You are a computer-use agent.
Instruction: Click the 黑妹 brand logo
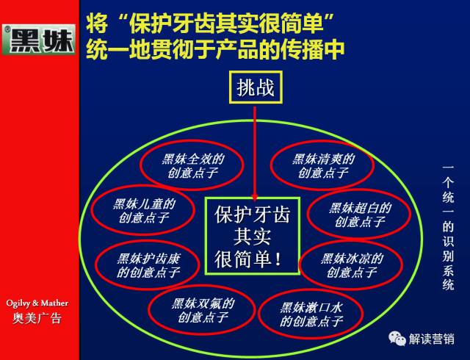click(39, 40)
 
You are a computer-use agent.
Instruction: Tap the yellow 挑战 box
click(256, 87)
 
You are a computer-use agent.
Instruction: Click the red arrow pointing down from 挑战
click(255, 154)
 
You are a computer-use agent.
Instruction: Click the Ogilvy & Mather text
click(37, 303)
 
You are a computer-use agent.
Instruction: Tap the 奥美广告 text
click(37, 318)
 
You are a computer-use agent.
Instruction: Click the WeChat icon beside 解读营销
click(397, 339)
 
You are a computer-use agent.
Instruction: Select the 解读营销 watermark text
click(431, 339)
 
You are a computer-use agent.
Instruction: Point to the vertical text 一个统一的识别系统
click(448, 227)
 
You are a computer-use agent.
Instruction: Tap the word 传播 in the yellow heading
click(302, 49)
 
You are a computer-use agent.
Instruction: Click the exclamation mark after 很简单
click(278, 259)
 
